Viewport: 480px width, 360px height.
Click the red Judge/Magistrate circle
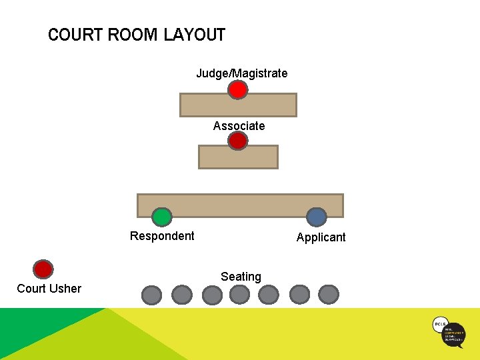(238, 89)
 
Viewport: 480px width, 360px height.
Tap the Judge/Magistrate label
(241, 73)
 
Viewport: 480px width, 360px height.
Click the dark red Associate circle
(238, 141)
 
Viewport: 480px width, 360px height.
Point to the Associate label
(239, 126)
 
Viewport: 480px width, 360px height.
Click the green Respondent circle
(161, 217)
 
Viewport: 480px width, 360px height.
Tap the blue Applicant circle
(316, 217)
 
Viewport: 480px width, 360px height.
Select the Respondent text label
(162, 236)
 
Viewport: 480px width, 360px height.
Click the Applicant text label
(321, 237)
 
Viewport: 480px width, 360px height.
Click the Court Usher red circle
(43, 269)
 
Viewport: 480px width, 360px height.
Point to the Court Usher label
(49, 289)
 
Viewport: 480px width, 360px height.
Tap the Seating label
(241, 277)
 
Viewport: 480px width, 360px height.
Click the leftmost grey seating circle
(152, 295)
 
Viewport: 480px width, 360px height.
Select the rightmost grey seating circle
(329, 294)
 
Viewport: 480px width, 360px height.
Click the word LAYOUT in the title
(195, 35)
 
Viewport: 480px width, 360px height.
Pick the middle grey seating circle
(240, 294)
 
